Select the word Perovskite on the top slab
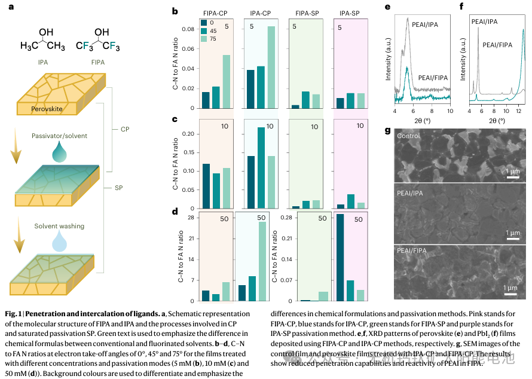[x=50, y=109]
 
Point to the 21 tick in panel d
[x=191, y=239]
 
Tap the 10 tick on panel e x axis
[x=449, y=111]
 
